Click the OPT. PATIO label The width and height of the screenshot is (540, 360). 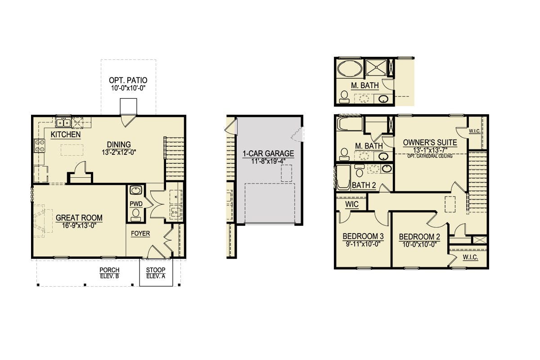pyautogui.click(x=128, y=80)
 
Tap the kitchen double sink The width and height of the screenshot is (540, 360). pyautogui.click(x=63, y=123)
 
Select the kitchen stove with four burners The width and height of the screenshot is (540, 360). pyautogui.click(x=39, y=146)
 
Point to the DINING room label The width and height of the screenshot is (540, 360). pyautogui.click(x=119, y=144)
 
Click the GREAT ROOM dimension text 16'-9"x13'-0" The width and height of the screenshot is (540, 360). pyautogui.click(x=79, y=226)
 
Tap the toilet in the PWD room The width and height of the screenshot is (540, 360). pyautogui.click(x=136, y=215)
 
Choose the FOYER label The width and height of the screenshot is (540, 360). pyautogui.click(x=140, y=234)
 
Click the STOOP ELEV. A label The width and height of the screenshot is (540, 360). pyautogui.click(x=156, y=273)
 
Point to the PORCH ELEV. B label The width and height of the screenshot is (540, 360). pyautogui.click(x=109, y=273)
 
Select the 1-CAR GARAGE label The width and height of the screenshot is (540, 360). pyautogui.click(x=268, y=153)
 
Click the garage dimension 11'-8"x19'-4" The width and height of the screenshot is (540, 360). pyautogui.click(x=268, y=161)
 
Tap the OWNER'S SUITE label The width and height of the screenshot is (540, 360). pyautogui.click(x=430, y=143)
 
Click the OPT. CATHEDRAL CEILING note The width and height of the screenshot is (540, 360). pyautogui.click(x=430, y=156)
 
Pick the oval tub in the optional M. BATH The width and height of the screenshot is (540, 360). pyautogui.click(x=350, y=68)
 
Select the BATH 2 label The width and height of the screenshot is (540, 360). pyautogui.click(x=364, y=185)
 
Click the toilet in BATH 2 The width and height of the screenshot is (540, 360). pyautogui.click(x=360, y=171)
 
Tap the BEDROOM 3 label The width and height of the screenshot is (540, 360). pyautogui.click(x=363, y=236)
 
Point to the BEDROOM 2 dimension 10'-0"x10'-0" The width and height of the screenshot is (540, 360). pyautogui.click(x=419, y=244)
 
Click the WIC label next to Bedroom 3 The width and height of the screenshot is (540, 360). pyautogui.click(x=352, y=204)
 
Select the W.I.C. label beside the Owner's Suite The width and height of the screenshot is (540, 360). pyautogui.click(x=475, y=131)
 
